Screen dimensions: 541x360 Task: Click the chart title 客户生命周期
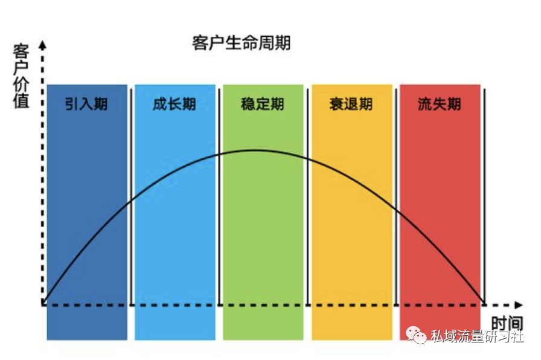241,43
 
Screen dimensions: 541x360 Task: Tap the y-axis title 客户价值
21,76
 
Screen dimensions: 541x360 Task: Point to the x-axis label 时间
507,323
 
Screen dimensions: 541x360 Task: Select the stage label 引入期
86,104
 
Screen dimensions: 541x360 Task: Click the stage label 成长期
174,104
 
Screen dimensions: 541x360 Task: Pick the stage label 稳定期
263,104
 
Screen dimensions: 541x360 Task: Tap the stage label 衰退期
351,104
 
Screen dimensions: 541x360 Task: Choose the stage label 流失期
440,104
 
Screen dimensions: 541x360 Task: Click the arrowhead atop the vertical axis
42,45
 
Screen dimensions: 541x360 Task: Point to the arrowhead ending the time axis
519,305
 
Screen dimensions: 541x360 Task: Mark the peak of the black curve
255,150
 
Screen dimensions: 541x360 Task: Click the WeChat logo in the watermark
416,335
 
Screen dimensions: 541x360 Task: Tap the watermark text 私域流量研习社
477,336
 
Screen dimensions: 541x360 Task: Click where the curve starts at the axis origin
43,304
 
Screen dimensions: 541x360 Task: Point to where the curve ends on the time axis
484,304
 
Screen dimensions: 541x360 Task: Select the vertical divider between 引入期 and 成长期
131,197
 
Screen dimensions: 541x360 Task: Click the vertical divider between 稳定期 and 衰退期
308,197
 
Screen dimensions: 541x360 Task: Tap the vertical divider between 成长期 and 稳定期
219,197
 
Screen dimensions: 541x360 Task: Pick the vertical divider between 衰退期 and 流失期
396,197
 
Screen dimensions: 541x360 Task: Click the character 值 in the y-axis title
21,101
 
